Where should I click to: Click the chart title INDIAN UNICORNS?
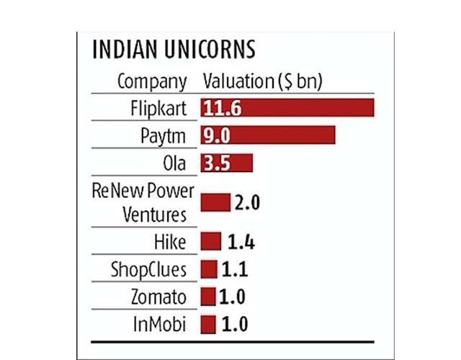174,50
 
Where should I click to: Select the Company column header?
152,81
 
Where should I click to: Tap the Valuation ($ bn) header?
262,81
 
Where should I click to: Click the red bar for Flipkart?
288,108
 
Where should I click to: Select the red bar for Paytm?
268,135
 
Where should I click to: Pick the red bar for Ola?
227,163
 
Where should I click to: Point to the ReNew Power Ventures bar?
215,202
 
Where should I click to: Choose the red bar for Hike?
211,241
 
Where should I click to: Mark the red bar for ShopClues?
209,269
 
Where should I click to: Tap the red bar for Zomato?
208,297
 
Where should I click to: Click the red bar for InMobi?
208,324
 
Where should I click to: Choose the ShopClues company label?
148,269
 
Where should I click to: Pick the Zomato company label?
158,297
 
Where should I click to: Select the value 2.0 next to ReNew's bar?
246,202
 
